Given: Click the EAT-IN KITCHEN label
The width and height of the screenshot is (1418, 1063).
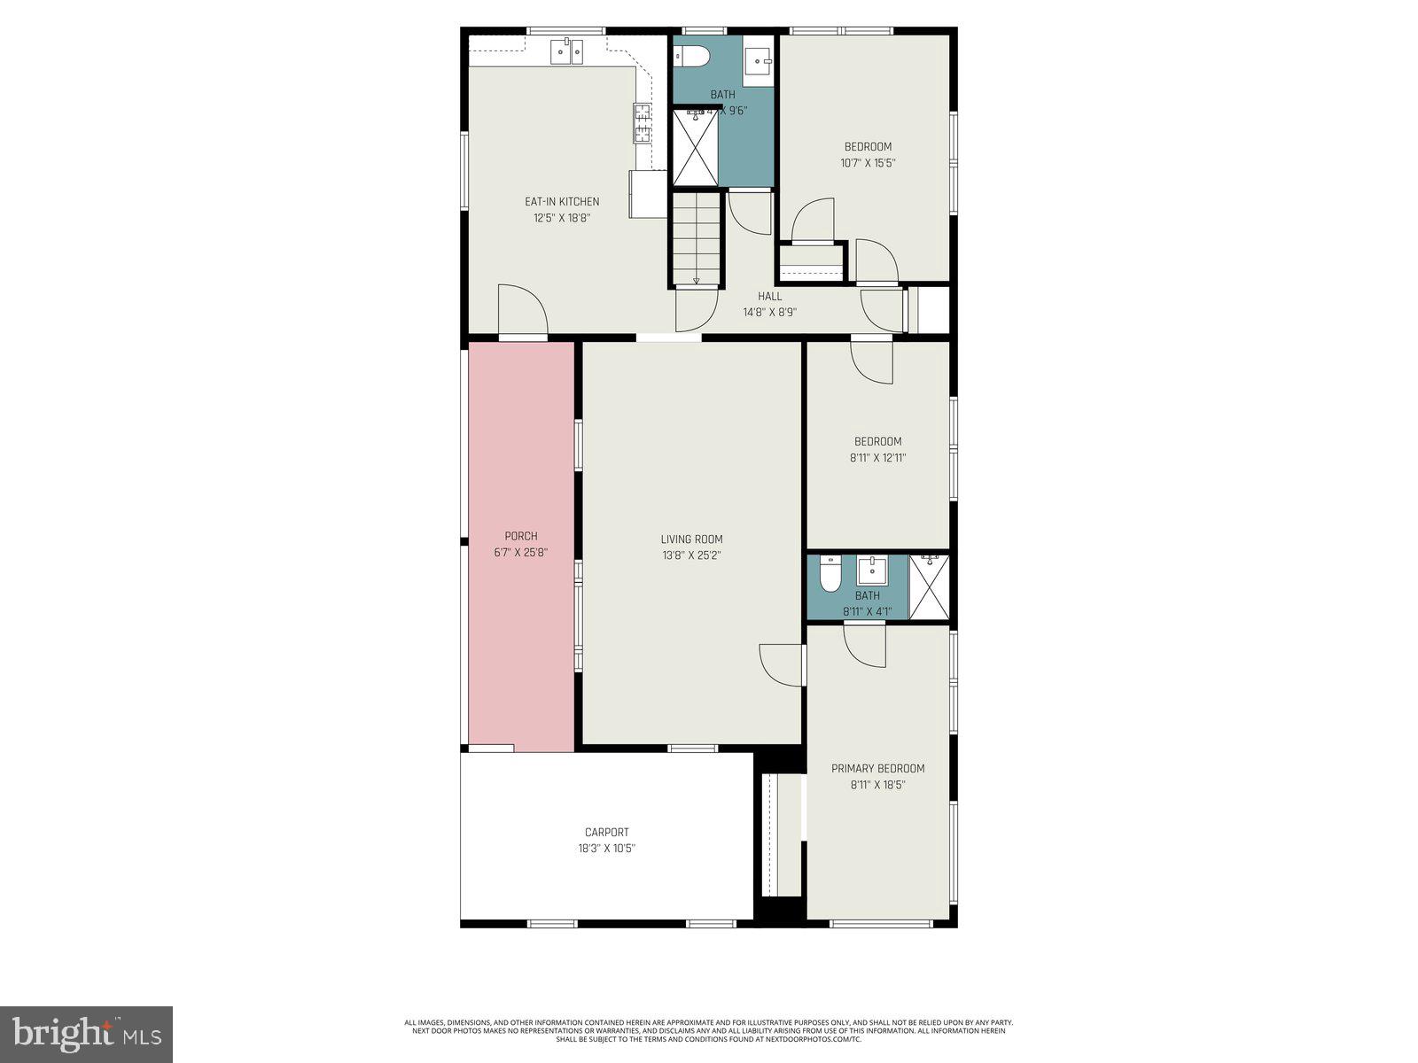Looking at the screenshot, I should (x=562, y=202).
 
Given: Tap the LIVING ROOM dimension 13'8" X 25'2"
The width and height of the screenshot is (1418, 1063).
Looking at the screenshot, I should (x=691, y=555).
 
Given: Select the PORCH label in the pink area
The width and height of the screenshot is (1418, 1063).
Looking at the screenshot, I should (x=521, y=536).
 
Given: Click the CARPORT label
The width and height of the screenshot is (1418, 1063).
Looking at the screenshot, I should (x=606, y=832).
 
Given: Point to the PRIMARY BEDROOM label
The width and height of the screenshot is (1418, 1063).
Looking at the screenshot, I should (x=877, y=768).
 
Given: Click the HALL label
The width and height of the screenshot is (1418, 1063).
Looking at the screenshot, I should (x=769, y=296).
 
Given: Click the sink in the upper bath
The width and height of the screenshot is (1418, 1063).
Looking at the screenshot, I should (x=758, y=60).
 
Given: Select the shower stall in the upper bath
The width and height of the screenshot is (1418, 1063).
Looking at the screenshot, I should (x=695, y=147).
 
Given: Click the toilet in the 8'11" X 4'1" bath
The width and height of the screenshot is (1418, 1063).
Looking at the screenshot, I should (x=830, y=575).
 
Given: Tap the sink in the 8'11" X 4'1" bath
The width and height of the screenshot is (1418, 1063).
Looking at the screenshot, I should (x=872, y=569).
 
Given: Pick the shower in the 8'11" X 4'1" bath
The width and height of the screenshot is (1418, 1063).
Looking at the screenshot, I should (x=929, y=587).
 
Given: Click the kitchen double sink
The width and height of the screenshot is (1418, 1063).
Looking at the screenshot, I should (x=566, y=51).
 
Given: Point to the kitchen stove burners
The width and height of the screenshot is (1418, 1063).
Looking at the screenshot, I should (x=642, y=123).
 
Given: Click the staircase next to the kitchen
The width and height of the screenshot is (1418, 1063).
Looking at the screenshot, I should (x=696, y=237).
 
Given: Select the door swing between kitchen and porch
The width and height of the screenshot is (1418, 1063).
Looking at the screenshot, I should (x=522, y=312).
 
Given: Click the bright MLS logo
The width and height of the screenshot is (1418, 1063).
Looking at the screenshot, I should (x=87, y=1034).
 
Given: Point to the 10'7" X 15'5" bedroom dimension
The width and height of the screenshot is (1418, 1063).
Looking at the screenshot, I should (x=868, y=163).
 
